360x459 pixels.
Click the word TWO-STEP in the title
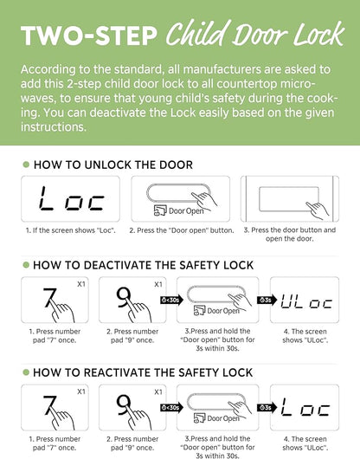point(89,36)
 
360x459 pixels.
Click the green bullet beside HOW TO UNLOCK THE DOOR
point(26,165)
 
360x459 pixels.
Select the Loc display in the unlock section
point(71,199)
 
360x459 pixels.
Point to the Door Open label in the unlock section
point(186,210)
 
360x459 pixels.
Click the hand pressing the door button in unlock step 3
point(318,210)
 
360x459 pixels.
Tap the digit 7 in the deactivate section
point(48,298)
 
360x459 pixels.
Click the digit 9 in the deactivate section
point(123,297)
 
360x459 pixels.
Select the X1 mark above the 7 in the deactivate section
point(81,284)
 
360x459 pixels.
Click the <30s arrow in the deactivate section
point(171,300)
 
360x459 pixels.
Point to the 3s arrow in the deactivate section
point(267,300)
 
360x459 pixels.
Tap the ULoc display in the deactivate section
point(306,301)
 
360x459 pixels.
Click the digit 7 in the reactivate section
point(48,405)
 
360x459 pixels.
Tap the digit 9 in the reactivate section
point(123,404)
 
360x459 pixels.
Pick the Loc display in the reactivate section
point(305,407)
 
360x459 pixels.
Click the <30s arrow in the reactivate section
point(171,408)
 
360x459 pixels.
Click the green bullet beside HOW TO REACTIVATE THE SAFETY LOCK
point(26,372)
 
